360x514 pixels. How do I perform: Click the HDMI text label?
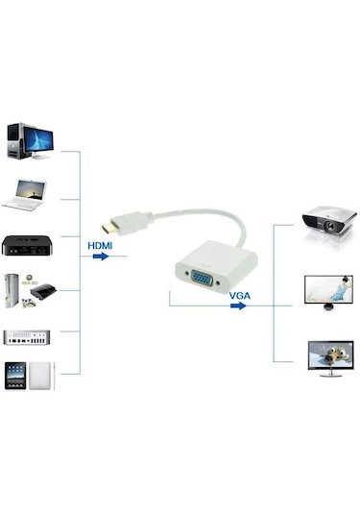[100, 245]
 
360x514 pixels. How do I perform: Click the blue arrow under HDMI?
[100, 257]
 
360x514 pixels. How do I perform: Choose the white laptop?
[28, 195]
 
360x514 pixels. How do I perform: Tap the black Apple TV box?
[24, 245]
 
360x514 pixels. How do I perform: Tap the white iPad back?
[41, 377]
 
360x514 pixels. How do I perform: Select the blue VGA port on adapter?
[202, 281]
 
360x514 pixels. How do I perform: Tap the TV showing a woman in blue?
[325, 289]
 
